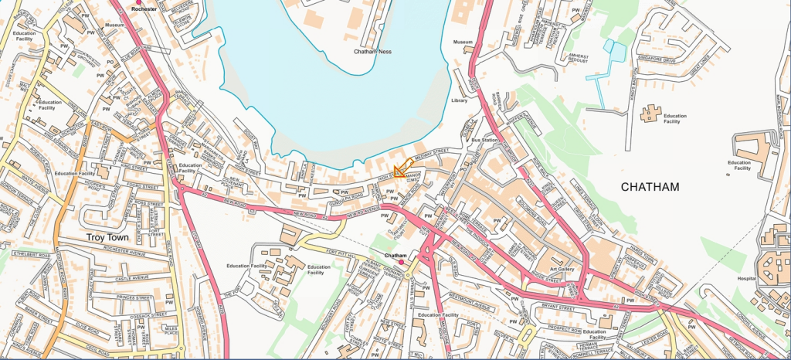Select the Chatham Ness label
coord(373,52)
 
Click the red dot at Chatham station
coord(401,263)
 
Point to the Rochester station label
coord(144,8)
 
